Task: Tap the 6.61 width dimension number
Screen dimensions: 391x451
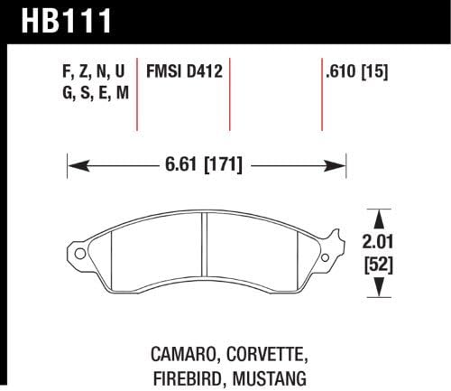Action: click(180, 165)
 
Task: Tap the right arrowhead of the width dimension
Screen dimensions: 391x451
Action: click(340, 165)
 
